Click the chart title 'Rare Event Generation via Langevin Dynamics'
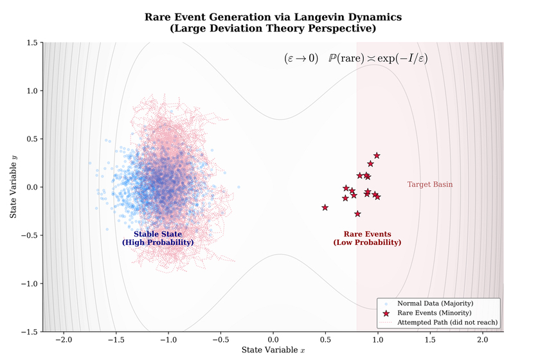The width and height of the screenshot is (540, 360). point(273,17)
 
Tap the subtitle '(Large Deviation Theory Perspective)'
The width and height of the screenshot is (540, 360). point(273,28)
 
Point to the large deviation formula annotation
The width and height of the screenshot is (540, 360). point(355,59)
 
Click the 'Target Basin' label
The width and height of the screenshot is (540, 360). point(429,184)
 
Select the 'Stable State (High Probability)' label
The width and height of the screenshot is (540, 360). point(157,238)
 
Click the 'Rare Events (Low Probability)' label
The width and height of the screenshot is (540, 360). point(367,238)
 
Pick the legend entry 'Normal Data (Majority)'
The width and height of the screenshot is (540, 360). point(435,303)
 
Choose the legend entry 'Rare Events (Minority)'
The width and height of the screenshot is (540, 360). point(435,312)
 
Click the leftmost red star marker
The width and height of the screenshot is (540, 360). point(325,207)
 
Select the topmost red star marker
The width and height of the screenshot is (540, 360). point(377,156)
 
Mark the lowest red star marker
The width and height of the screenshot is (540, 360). point(357,213)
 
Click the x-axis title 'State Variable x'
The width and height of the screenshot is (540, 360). point(273,350)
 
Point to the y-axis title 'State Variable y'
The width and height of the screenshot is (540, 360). point(13,187)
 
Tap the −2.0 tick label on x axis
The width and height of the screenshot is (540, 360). point(63,339)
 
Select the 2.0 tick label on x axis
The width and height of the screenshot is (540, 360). point(482,339)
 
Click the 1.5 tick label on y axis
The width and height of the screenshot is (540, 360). point(31,42)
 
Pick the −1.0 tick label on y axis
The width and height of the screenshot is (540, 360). point(28,283)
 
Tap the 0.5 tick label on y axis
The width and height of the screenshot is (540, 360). point(31,139)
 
